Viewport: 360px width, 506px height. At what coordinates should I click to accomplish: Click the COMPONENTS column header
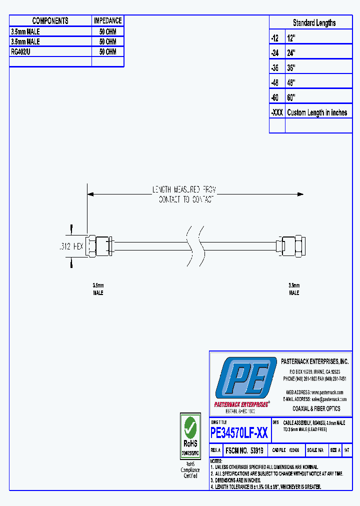pos(50,21)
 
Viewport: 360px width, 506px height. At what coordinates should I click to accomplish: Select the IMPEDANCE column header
pos(108,21)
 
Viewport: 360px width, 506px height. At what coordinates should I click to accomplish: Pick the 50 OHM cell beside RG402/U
pos(108,52)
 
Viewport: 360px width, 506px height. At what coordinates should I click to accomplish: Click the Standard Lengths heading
pos(314,23)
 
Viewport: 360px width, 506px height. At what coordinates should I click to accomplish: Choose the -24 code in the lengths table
pos(274,52)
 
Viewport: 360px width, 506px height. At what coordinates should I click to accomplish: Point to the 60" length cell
pos(291,97)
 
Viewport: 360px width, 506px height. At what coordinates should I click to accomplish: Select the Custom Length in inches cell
pos(317,112)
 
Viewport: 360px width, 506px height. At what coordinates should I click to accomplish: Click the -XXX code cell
pos(277,112)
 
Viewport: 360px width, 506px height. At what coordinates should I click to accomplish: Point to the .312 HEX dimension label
pos(70,246)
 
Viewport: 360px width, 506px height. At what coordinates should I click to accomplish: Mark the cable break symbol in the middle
pos(195,245)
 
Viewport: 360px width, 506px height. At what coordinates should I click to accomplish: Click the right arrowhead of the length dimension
pos(300,194)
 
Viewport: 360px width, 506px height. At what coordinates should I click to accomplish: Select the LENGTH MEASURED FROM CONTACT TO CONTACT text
pos(184,194)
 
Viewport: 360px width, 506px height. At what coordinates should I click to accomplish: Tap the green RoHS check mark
pos(190,427)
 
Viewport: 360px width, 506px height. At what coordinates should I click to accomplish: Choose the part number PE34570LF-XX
pos(239,433)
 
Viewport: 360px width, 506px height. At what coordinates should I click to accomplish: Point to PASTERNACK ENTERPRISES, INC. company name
pos(314,361)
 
